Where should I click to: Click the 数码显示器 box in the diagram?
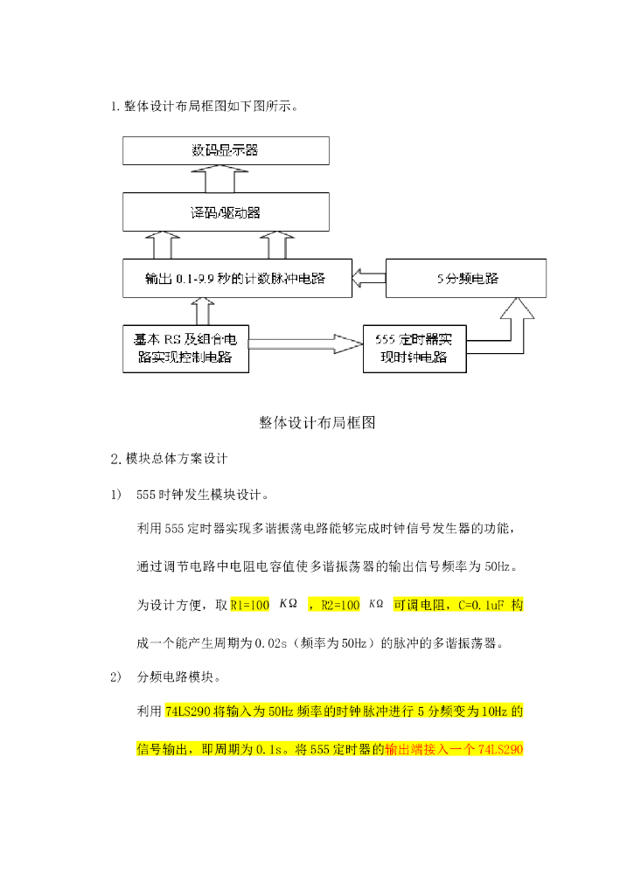click(x=226, y=150)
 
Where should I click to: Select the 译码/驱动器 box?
click(x=226, y=212)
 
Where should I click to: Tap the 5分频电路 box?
click(x=467, y=279)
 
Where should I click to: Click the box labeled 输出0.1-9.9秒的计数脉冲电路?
click(x=236, y=279)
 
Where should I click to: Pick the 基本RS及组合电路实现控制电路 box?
click(x=185, y=349)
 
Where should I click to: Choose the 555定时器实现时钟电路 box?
click(x=415, y=349)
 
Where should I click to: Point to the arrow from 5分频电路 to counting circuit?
click(x=368, y=279)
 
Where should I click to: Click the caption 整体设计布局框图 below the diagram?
click(x=317, y=422)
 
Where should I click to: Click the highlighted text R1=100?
click(x=249, y=605)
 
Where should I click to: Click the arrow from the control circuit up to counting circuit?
click(x=200, y=310)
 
